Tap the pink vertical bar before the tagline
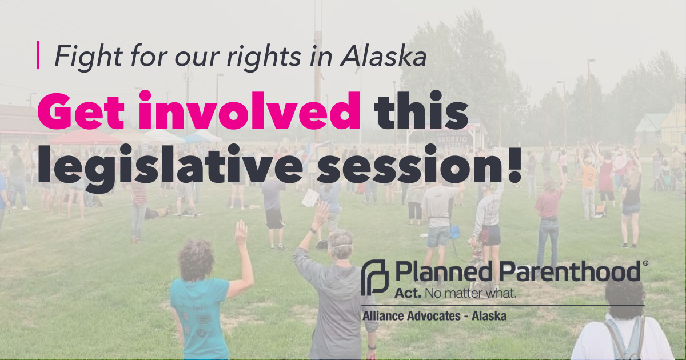pos(38,55)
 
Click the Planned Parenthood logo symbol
pos(375,278)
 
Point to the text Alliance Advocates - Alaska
pos(434,315)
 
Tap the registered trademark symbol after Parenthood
pos(646,263)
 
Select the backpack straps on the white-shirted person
pos(624,337)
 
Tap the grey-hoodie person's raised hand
pos(321,213)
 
